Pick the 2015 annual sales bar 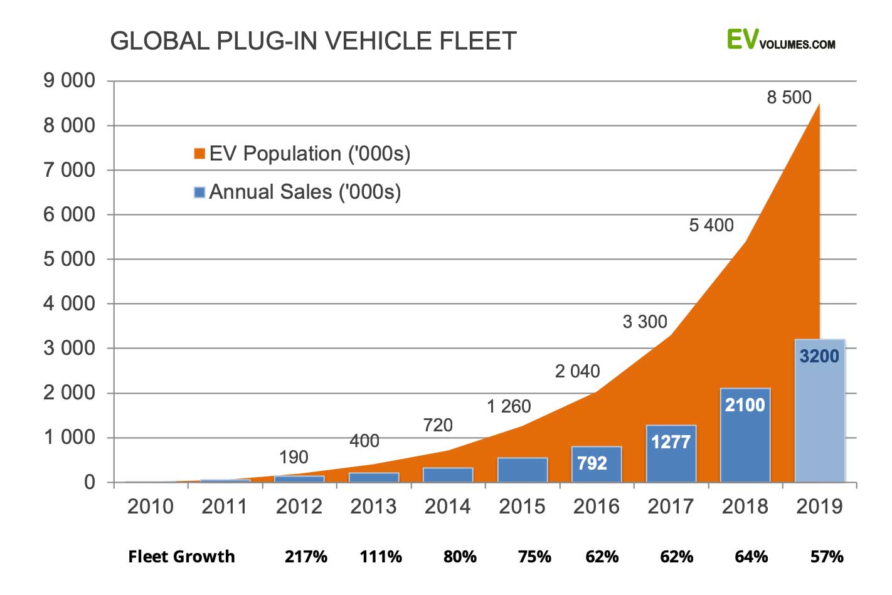tap(522, 470)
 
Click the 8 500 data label tap(788, 97)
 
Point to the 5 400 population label tap(711, 225)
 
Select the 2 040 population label tap(577, 371)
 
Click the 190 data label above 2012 tap(294, 457)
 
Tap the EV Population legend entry tap(302, 154)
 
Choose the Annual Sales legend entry tap(297, 192)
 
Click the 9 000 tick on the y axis tap(69, 81)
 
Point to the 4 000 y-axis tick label tap(69, 303)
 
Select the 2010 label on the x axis tap(150, 506)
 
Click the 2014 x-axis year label tap(447, 506)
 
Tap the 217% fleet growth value tap(306, 557)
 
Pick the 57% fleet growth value tap(826, 557)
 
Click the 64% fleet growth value tap(751, 557)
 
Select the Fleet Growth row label tap(181, 557)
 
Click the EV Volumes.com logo tap(781, 40)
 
